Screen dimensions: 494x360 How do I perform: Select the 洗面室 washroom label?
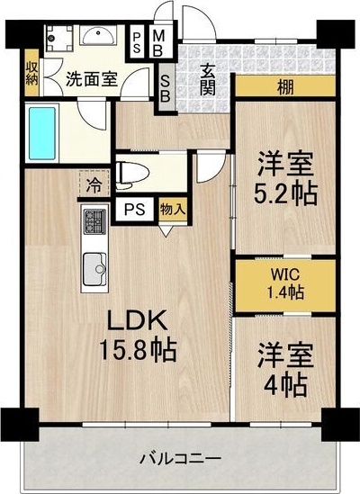pos(91,78)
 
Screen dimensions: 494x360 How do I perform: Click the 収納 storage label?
pos(31,71)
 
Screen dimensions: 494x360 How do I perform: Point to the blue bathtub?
pos(43,133)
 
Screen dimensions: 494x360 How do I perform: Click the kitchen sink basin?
pos(95,268)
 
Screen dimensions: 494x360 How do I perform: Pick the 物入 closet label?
pos(174,210)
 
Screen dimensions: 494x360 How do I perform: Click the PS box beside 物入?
pos(135,210)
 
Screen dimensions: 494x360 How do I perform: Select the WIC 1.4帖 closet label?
pos(283,283)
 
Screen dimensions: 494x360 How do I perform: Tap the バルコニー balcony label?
pos(180,459)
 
